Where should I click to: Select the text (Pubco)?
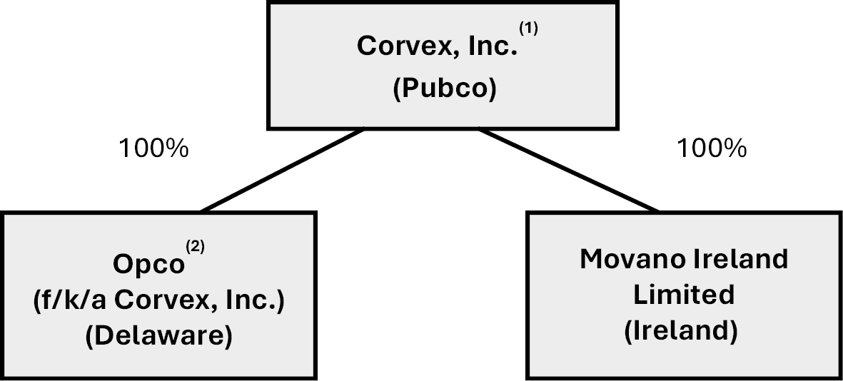444,91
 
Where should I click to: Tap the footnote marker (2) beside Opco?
195,247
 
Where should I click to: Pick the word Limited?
684,294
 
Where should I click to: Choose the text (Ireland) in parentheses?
684,332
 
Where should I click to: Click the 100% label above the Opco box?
153,149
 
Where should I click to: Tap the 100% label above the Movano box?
711,149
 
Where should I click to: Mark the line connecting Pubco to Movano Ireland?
567,171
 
